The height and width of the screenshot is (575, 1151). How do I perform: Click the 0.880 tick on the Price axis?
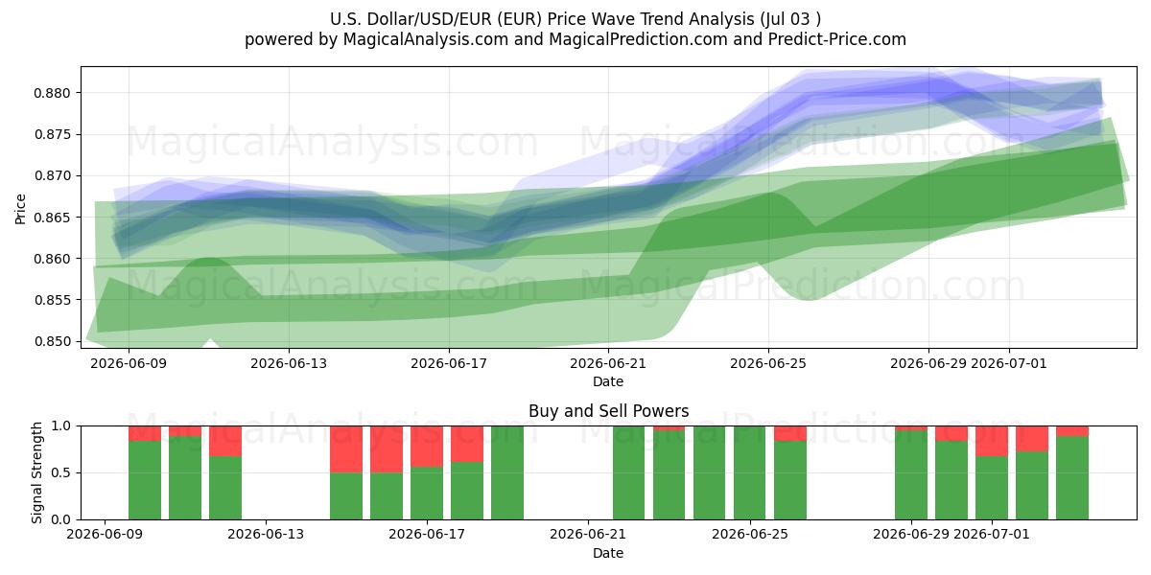point(52,94)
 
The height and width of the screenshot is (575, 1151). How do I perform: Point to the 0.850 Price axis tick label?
point(52,341)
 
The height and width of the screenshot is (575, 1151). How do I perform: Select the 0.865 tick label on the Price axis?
point(52,218)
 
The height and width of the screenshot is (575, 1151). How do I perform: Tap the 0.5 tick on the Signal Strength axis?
point(60,472)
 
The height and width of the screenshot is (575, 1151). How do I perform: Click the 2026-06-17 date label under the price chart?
point(449,363)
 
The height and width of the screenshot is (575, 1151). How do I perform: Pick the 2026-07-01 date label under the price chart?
point(1009,363)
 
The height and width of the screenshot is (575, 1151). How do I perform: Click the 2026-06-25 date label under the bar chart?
point(750,535)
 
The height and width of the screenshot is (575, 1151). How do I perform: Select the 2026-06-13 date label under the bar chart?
point(266,535)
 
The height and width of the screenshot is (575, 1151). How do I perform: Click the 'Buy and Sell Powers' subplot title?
point(608,411)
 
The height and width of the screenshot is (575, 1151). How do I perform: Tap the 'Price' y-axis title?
point(20,209)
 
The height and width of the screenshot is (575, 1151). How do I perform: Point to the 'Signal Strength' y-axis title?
point(36,472)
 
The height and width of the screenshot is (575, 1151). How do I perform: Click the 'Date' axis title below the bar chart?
point(608,553)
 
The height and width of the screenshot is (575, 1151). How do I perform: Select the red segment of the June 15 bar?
point(346,449)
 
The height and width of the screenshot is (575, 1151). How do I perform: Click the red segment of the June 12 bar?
point(225,441)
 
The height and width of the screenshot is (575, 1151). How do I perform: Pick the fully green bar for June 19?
point(507,472)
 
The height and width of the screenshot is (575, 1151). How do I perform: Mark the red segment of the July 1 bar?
point(1032,439)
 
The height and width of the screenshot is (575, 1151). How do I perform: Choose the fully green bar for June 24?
point(709,472)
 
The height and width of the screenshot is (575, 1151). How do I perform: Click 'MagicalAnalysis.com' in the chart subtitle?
point(426,39)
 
